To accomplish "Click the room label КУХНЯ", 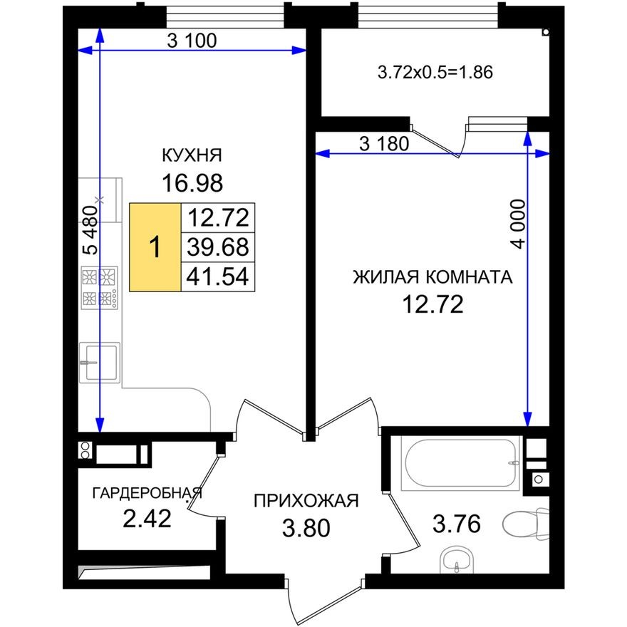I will coord(192,155).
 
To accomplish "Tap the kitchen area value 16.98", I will coord(192,183).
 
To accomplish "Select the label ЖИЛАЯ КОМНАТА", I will coord(432,277).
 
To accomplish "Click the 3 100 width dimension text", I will coord(191,41).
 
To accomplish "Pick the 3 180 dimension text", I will coord(385,145).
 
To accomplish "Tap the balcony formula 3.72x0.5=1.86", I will coord(435,72).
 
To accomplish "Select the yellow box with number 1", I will coord(155,247).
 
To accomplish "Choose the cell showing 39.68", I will coord(217,247).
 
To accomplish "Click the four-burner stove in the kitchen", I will coord(98,286).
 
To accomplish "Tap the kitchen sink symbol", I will coord(98,362).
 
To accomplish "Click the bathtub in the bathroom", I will coord(459,464).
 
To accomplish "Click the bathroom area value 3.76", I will coord(457,525).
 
